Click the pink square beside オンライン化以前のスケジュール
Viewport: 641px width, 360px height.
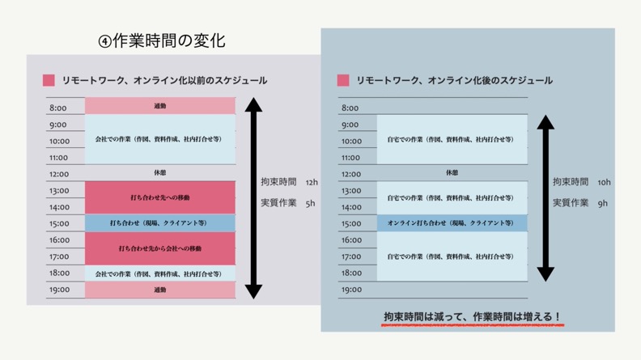(49, 80)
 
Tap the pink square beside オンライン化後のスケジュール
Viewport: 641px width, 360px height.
(342, 80)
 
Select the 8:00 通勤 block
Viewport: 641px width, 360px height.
(159, 106)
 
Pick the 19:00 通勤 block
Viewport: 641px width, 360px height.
(159, 290)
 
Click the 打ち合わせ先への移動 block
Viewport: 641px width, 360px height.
(159, 198)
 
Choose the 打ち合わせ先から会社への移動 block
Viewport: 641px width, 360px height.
(159, 248)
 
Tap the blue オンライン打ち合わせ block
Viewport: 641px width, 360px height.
(451, 223)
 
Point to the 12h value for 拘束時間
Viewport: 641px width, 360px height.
(312, 183)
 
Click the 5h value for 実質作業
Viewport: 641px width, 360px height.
(310, 204)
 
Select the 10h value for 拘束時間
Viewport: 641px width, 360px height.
(604, 183)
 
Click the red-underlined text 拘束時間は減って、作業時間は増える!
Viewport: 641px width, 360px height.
(473, 316)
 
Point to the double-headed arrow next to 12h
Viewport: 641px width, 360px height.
(254, 198)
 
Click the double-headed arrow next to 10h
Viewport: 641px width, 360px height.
(545, 198)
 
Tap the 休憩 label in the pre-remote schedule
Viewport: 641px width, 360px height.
(159, 173)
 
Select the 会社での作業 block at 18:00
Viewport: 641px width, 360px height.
(159, 273)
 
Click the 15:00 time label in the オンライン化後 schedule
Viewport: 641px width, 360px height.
(350, 223)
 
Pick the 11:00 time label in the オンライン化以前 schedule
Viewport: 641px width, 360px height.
(58, 158)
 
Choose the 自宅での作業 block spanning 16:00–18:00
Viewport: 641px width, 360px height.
(451, 256)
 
